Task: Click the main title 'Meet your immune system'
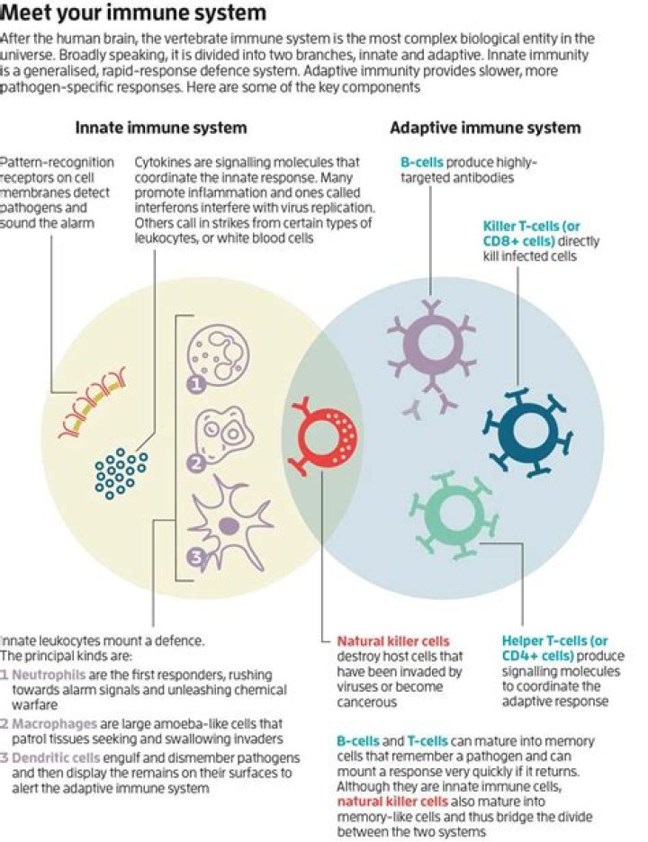point(133,13)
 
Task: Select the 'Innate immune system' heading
point(161,128)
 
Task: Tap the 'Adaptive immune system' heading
point(485,128)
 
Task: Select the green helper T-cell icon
point(454,514)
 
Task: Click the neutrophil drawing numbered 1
point(218,356)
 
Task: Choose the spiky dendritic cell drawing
point(229,524)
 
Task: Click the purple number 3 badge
point(196,558)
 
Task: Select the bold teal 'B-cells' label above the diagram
point(422,162)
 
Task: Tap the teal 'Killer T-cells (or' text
point(531,226)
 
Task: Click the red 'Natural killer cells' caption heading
point(392,640)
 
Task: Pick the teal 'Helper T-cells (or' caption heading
point(554,640)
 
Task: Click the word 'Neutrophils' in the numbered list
point(49,675)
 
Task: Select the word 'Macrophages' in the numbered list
point(54,724)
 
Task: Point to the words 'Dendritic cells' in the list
point(55,757)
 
